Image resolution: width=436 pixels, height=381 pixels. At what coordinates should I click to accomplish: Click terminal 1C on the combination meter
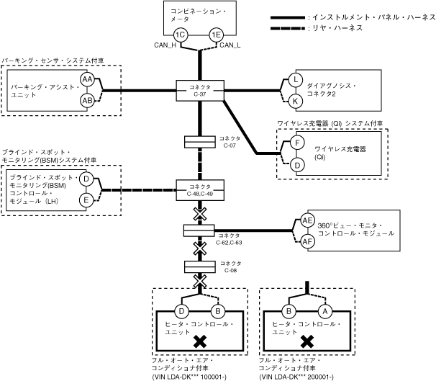click(x=181, y=35)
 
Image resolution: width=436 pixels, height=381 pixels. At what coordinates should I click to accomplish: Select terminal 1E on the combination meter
click(x=215, y=35)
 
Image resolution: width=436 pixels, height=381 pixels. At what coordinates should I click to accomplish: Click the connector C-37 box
click(x=201, y=91)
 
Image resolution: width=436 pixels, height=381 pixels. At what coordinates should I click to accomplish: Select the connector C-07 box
click(x=201, y=140)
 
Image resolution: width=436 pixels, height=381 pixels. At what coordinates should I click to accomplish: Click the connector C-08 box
click(x=201, y=267)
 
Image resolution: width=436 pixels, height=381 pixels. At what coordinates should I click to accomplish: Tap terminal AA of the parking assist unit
click(x=87, y=79)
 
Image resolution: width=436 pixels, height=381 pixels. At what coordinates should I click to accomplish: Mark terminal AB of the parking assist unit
click(x=87, y=100)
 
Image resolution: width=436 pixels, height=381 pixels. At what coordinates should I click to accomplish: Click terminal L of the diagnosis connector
click(x=296, y=80)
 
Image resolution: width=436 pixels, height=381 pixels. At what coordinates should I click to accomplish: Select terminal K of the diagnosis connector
click(x=296, y=101)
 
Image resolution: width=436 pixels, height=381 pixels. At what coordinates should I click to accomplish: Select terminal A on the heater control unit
click(x=324, y=311)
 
